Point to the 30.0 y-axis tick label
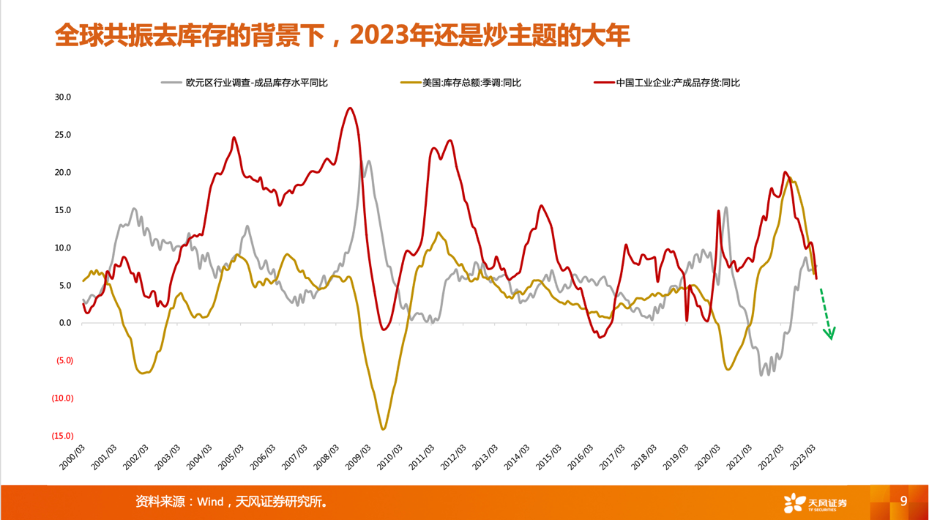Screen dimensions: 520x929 [x=62, y=97]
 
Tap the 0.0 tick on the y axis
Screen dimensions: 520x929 [x=65, y=323]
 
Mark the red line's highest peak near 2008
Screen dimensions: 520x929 [x=350, y=108]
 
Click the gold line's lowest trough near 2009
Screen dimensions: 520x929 [x=383, y=428]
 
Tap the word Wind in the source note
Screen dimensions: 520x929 [x=209, y=502]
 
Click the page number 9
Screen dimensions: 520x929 [x=903, y=501]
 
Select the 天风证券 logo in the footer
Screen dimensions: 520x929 [x=815, y=503]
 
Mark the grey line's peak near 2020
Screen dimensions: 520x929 [x=725, y=207]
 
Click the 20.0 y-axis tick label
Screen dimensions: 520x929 [x=62, y=173]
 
